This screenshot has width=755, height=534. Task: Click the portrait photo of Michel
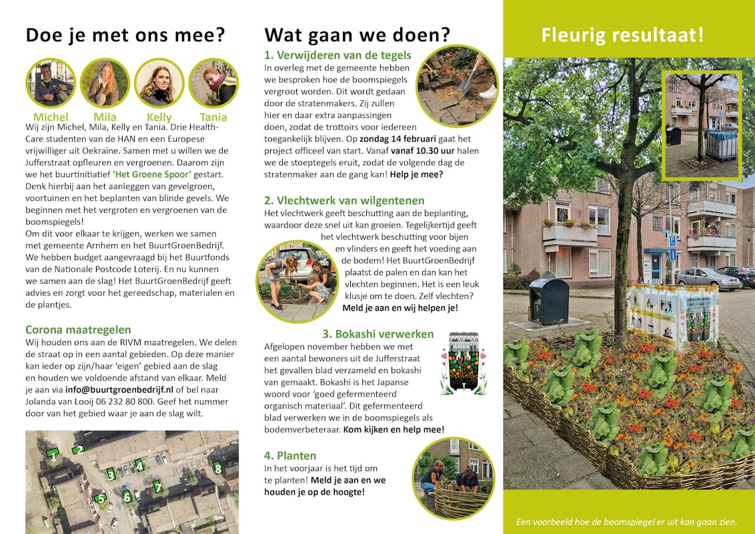(x=51, y=83)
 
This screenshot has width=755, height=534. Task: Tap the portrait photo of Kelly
(x=159, y=83)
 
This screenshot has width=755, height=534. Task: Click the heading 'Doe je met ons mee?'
(x=125, y=35)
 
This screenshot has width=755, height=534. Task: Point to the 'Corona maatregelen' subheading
(x=78, y=330)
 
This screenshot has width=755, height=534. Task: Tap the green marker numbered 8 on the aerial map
(x=217, y=469)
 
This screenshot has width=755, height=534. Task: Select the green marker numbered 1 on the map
(x=53, y=455)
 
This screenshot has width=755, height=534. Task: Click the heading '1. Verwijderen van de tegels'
(x=337, y=55)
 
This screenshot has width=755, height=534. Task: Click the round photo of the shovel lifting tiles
(x=458, y=85)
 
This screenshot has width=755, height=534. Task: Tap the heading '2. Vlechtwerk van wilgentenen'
(x=344, y=201)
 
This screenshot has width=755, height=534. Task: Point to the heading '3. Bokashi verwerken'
(x=378, y=334)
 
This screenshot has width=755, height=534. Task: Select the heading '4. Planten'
(x=290, y=456)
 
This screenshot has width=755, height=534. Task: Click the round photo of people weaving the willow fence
(x=454, y=477)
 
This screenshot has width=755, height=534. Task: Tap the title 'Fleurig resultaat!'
(x=622, y=35)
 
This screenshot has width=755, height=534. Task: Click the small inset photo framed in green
(x=701, y=125)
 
